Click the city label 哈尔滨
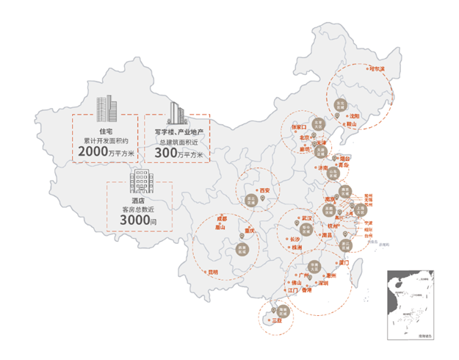click(377, 70)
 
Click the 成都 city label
click(220, 218)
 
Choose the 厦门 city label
click(343, 262)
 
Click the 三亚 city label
click(277, 322)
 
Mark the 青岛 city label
click(344, 166)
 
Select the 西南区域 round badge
click(242, 251)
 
